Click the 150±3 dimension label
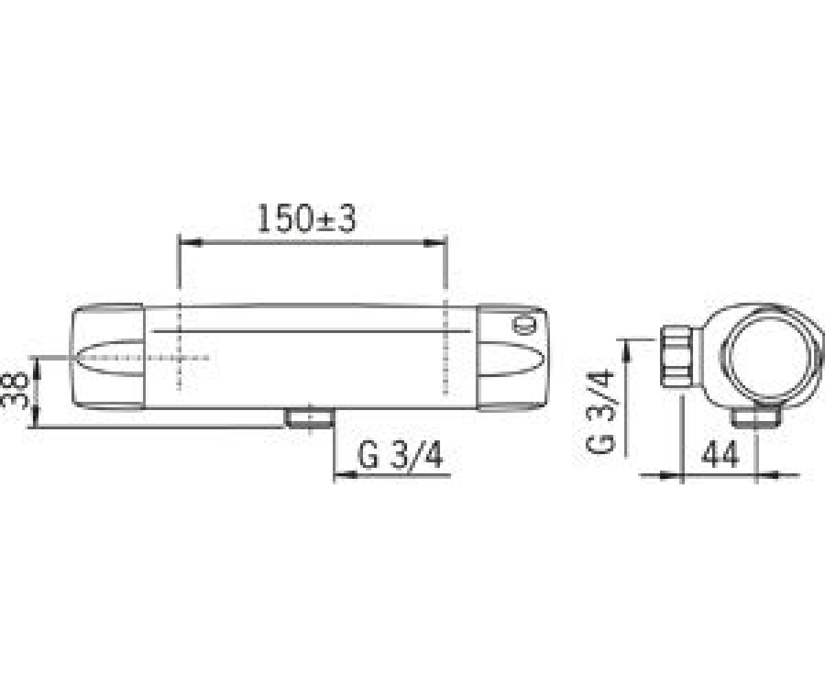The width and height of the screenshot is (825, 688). tap(307, 219)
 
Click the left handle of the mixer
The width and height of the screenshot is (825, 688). tap(108, 357)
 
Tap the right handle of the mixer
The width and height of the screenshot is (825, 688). tap(512, 358)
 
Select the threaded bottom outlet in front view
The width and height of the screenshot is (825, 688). tap(309, 418)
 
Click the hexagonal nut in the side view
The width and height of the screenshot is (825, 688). tap(676, 356)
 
